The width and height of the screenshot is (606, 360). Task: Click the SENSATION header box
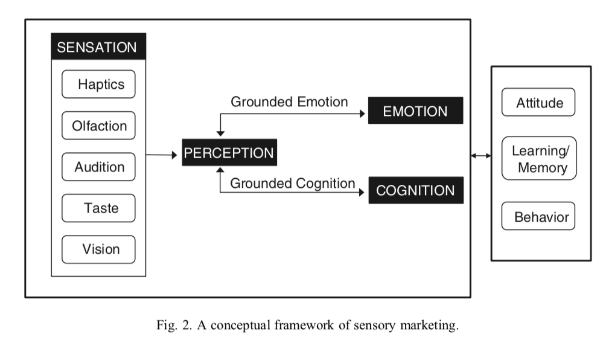tap(98, 47)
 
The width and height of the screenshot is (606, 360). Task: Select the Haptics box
tap(98, 85)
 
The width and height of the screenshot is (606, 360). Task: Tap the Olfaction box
tap(98, 126)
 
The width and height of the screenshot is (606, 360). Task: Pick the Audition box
tap(98, 167)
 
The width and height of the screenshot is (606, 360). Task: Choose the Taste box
tap(98, 208)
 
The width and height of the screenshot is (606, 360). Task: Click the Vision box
tap(98, 249)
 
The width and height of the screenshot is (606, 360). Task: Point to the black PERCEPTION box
tap(229, 153)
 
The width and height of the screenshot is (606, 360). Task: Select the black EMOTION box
tap(415, 111)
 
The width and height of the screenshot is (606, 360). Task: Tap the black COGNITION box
tap(415, 190)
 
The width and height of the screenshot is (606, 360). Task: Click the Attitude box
tap(538, 103)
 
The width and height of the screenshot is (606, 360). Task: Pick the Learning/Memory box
tap(538, 158)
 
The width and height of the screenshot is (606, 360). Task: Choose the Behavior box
tap(538, 216)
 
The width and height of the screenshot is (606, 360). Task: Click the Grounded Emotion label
tap(289, 102)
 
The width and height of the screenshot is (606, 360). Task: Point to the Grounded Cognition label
tap(293, 182)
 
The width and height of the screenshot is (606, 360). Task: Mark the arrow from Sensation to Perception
tap(164, 155)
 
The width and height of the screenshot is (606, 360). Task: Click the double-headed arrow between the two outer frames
tap(481, 156)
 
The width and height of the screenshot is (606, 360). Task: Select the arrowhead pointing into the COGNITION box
tap(364, 192)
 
